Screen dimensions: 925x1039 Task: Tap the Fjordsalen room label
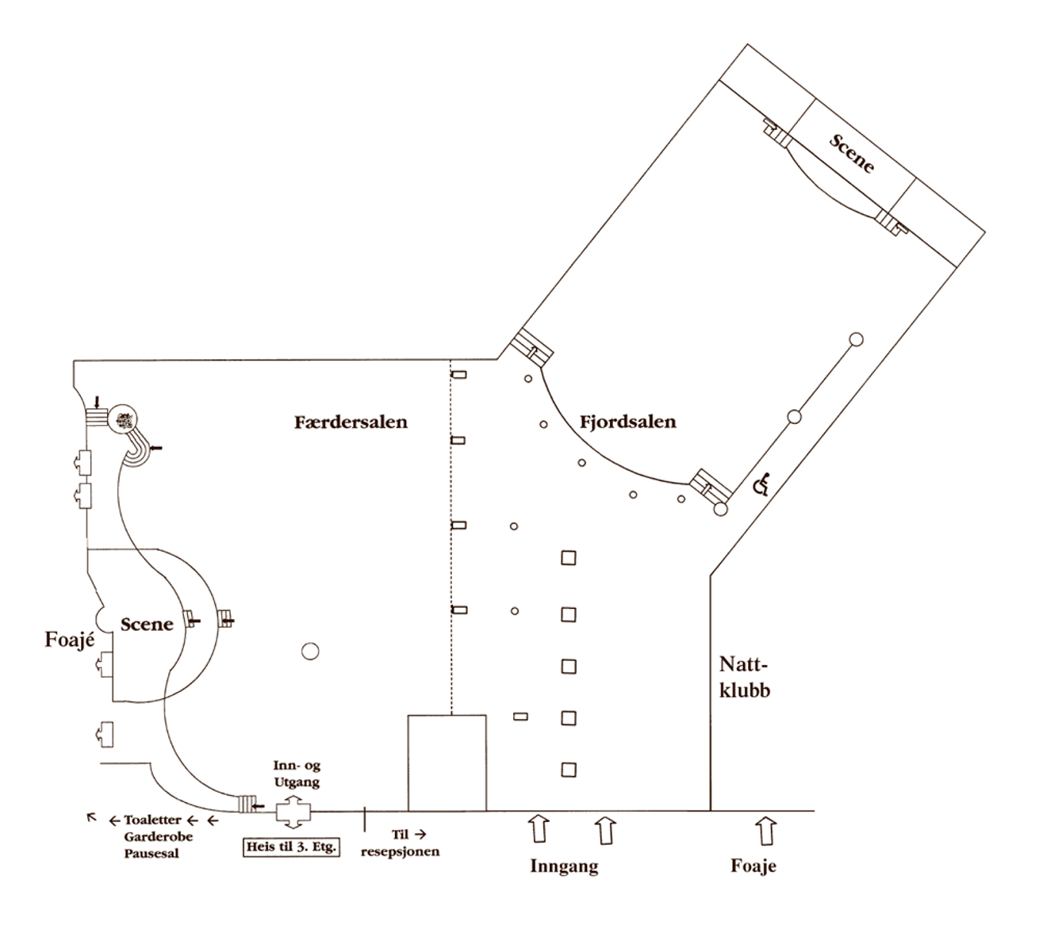tap(628, 422)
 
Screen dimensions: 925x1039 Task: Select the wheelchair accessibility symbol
tap(761, 484)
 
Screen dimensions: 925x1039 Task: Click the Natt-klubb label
tap(744, 676)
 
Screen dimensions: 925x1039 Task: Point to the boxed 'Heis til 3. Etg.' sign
tap(291, 847)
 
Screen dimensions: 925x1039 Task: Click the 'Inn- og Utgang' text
tap(297, 774)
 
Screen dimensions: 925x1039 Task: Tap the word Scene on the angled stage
tap(852, 153)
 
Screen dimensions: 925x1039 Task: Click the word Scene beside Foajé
tap(147, 624)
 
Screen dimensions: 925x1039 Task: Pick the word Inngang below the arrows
tap(564, 866)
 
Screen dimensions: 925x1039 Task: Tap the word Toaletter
tap(153, 820)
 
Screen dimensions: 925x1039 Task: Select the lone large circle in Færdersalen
tap(310, 652)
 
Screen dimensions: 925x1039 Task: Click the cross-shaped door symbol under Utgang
tap(292, 812)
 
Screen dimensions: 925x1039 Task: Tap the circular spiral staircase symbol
tap(125, 419)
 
